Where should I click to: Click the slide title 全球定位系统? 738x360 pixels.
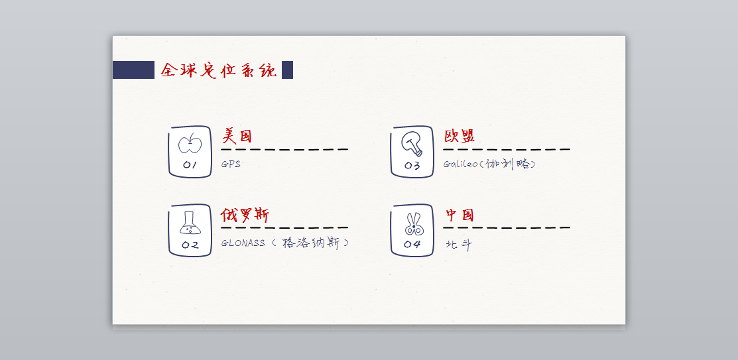point(219,70)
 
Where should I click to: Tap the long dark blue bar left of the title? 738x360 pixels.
point(133,70)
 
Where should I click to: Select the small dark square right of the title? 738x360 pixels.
point(287,70)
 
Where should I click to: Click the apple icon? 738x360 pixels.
point(190,143)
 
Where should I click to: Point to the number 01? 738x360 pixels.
point(190,165)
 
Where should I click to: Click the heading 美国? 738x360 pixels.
point(237,137)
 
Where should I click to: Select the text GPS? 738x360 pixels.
point(231,164)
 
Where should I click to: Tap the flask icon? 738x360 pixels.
point(190,223)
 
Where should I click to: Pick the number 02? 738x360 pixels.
point(190,245)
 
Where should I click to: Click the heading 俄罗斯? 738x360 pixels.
point(245,215)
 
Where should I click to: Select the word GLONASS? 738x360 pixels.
point(243,243)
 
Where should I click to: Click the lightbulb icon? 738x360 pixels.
point(412,143)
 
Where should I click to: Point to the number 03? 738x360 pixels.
point(412,166)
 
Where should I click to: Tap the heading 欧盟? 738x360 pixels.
point(459,137)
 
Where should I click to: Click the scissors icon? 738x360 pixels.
point(413,223)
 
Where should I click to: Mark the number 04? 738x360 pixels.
point(412,245)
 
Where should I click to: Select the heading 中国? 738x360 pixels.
point(460,215)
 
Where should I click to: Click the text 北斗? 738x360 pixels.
point(458,245)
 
